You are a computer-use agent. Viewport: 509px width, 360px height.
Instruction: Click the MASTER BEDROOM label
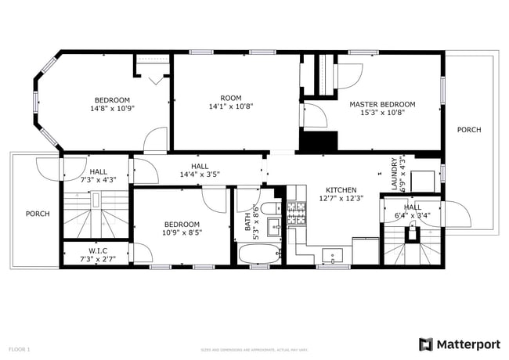pyautogui.click(x=382, y=104)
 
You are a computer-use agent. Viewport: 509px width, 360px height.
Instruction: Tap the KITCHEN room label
pyautogui.click(x=341, y=190)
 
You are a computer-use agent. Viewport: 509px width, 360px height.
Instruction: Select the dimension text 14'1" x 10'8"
pyautogui.click(x=230, y=106)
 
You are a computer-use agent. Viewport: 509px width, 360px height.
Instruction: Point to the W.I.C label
pyautogui.click(x=98, y=251)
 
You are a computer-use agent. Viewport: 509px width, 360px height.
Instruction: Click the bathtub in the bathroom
pyautogui.click(x=258, y=254)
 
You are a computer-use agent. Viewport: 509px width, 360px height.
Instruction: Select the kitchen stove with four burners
pyautogui.click(x=298, y=211)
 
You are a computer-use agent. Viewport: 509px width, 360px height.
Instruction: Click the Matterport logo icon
pyautogui.click(x=426, y=344)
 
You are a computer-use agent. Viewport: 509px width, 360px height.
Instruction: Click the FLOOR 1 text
pyautogui.click(x=19, y=348)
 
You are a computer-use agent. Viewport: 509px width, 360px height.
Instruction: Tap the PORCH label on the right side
pyautogui.click(x=469, y=130)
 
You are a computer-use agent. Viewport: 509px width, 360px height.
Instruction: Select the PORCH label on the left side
pyautogui.click(x=38, y=214)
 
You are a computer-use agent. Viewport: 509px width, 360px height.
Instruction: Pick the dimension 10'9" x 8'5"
pyautogui.click(x=182, y=232)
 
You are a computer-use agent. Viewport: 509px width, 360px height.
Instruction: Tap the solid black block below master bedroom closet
pyautogui.click(x=318, y=142)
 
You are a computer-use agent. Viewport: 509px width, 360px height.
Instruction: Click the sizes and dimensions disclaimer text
pyautogui.click(x=254, y=349)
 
